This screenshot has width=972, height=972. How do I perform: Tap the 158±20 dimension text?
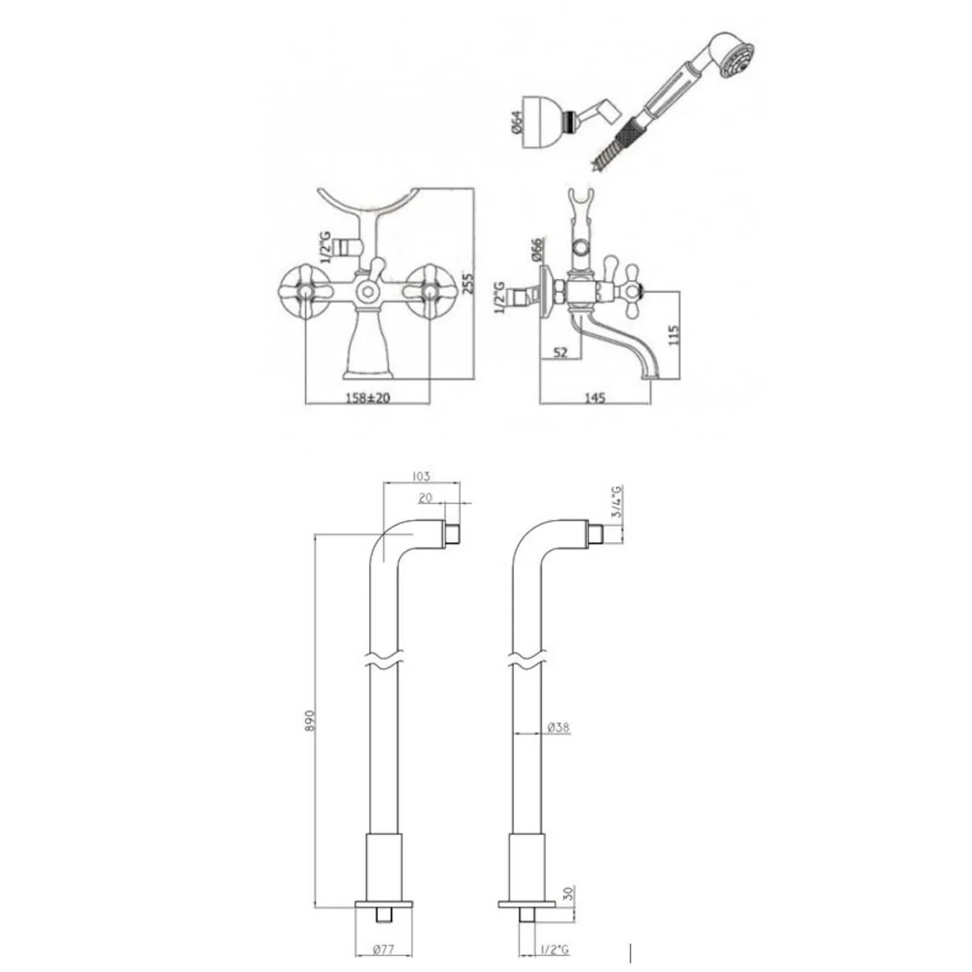tap(369, 398)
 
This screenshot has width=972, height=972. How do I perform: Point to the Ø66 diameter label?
tap(537, 249)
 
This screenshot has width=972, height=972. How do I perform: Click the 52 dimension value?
tap(561, 352)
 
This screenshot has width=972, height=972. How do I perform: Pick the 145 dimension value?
tap(595, 398)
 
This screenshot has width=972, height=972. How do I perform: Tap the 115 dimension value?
tap(676, 335)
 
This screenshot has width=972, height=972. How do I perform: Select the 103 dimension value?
tap(420, 475)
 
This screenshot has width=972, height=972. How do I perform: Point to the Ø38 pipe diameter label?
tap(559, 728)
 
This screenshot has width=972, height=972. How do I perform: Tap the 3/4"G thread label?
tap(616, 502)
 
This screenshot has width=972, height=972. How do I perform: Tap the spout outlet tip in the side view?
tap(649, 377)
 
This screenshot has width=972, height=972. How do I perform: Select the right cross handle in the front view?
tap(430, 291)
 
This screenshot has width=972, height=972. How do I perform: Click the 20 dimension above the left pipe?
tap(426, 497)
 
